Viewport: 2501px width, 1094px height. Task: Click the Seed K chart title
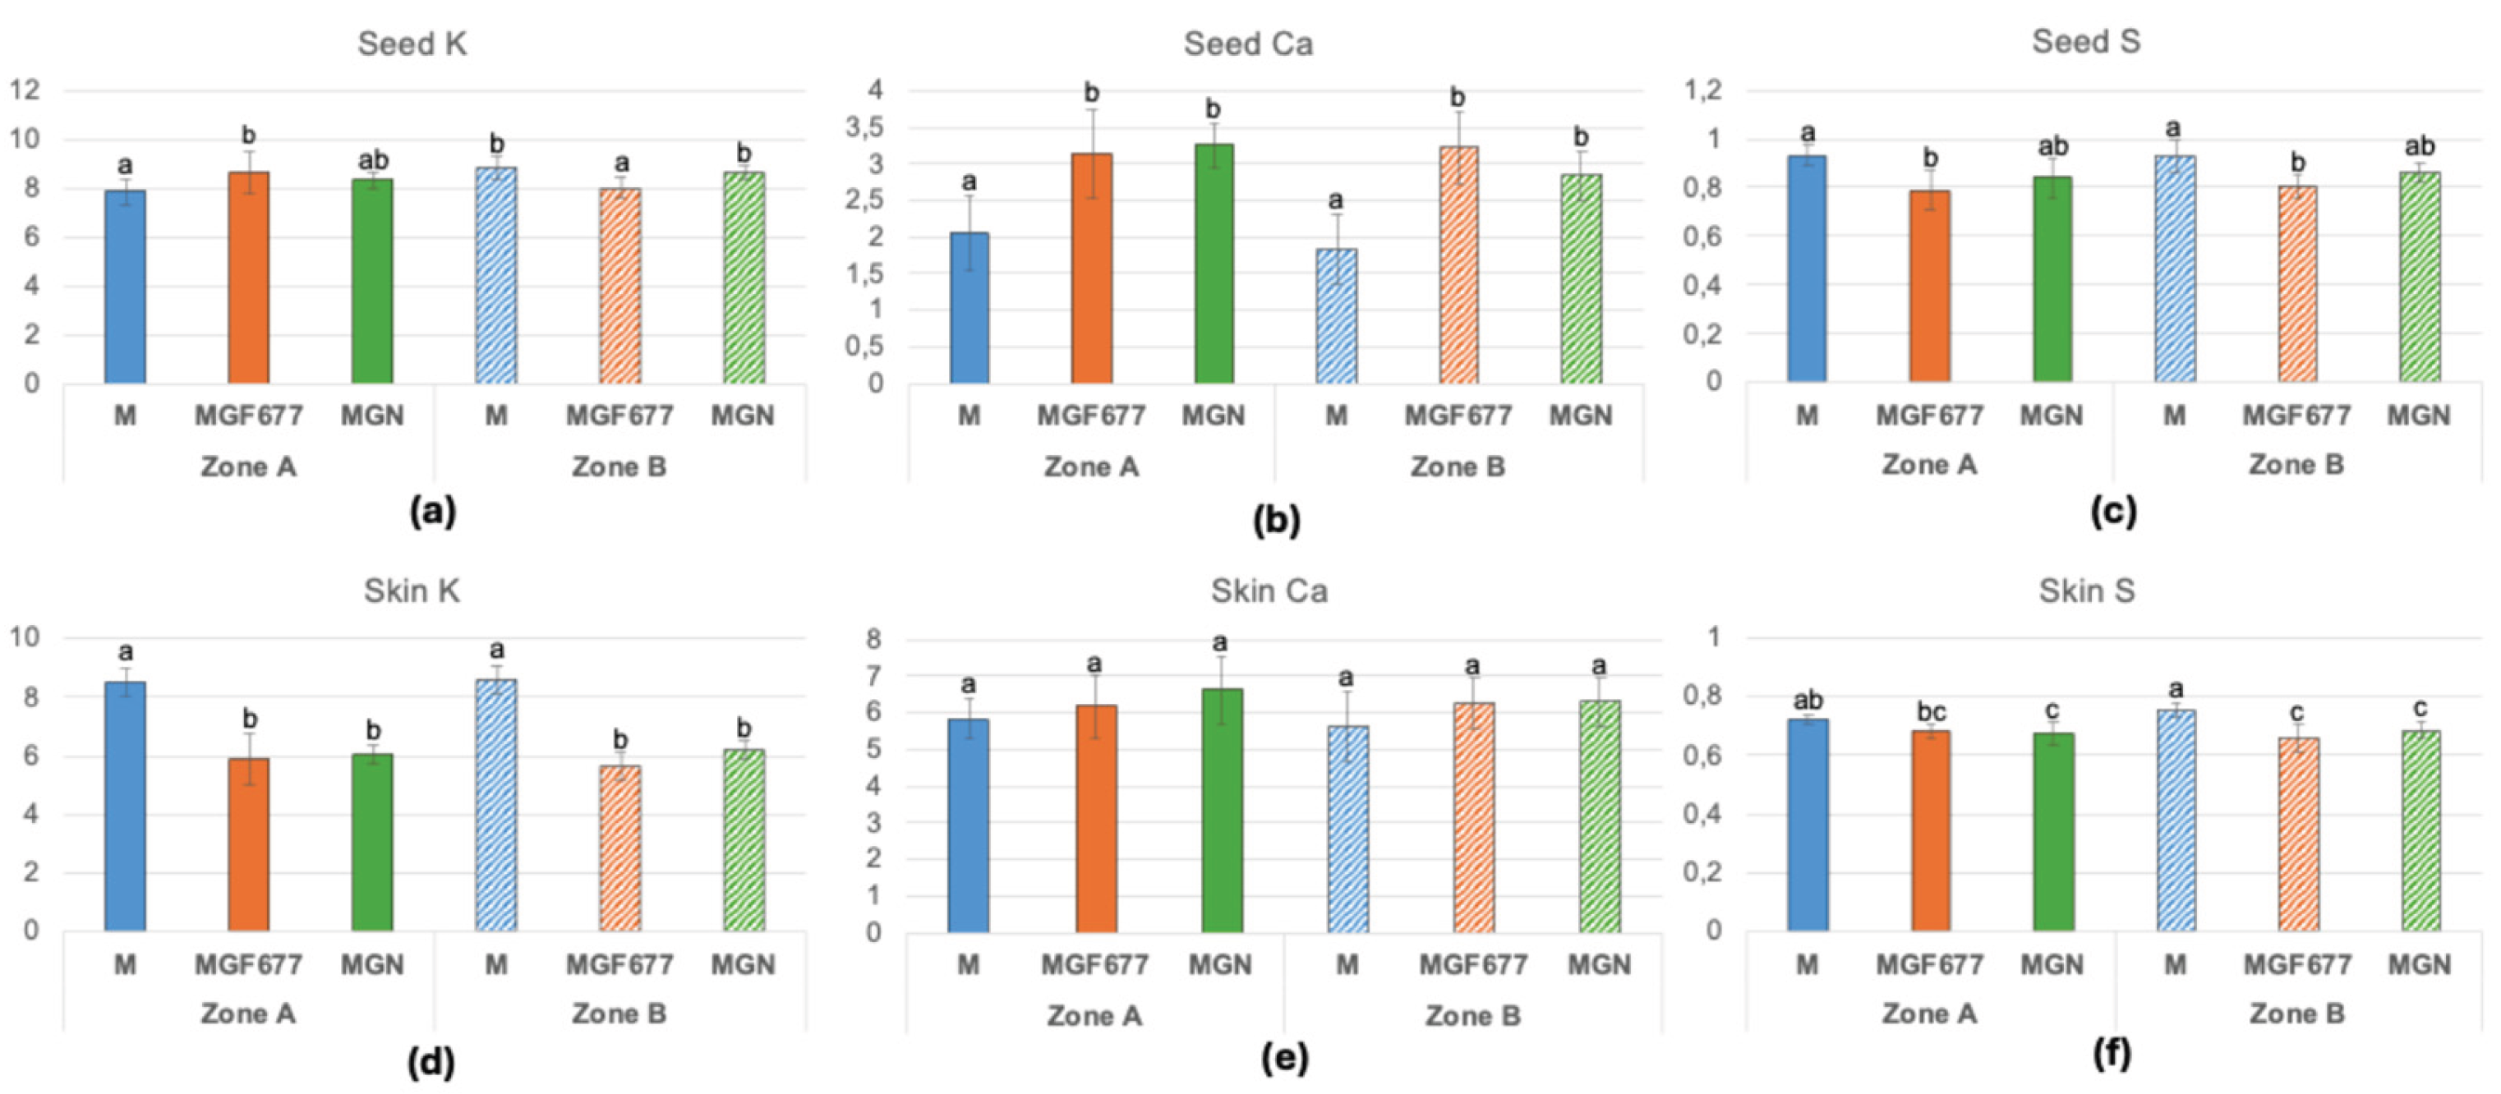tap(412, 44)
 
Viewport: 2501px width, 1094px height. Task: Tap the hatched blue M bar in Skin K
tap(496, 806)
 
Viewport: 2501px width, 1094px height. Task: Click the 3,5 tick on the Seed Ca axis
tap(864, 127)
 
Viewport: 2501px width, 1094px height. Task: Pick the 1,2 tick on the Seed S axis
tap(1702, 90)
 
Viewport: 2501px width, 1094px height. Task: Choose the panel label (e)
tap(1284, 1057)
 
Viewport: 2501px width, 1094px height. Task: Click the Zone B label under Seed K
tap(619, 467)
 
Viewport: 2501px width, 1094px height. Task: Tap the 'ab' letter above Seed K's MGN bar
tap(373, 159)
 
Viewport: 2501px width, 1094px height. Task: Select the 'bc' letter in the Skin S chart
tap(1930, 711)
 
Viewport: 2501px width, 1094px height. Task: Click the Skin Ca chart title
tap(1268, 591)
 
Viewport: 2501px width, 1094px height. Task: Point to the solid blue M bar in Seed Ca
tap(969, 308)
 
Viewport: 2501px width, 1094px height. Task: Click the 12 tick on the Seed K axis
tap(25, 90)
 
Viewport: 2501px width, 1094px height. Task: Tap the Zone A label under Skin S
tap(1929, 1014)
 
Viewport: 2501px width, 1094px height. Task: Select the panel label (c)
tap(2112, 511)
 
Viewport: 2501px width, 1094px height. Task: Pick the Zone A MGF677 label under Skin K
tap(249, 964)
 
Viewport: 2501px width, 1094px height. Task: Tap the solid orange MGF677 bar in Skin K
tap(249, 844)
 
